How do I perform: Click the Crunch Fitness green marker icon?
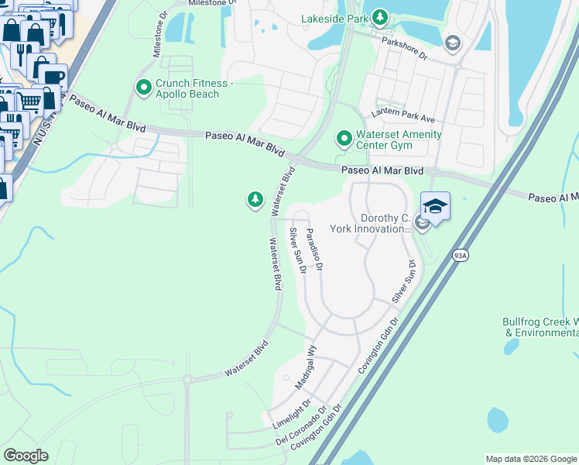(x=143, y=88)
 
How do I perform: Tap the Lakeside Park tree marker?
(x=379, y=16)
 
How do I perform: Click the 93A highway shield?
(x=461, y=254)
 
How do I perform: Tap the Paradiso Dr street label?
(x=313, y=249)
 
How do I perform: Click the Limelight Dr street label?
(x=292, y=415)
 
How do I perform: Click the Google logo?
(x=26, y=456)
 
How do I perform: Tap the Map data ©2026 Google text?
(x=530, y=459)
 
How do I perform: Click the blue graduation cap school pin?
(x=435, y=207)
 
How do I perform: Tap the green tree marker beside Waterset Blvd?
(x=255, y=201)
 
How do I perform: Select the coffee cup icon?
(x=53, y=77)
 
